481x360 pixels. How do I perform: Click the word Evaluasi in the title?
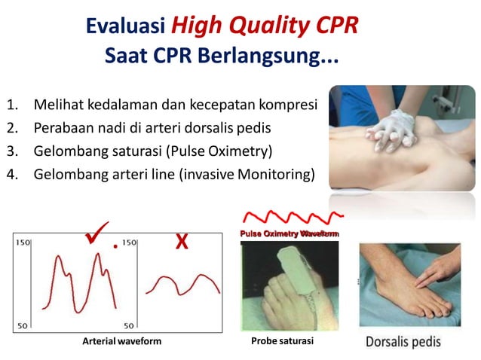coord(124,26)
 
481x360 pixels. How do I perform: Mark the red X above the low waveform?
coord(181,242)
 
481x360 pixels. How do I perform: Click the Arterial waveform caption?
coord(121,341)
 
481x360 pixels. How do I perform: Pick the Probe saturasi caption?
coord(282,341)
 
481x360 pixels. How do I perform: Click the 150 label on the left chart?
coord(22,244)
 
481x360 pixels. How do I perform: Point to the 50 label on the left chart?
coord(23,325)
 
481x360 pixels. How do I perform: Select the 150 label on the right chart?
coord(129,244)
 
